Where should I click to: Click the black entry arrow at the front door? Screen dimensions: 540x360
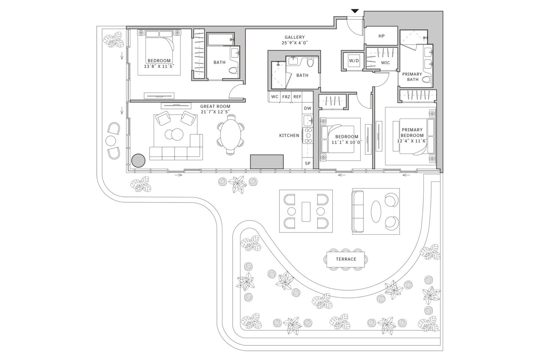point(355,11)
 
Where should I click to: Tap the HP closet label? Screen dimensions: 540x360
point(381,36)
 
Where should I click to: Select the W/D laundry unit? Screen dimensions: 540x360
point(354,61)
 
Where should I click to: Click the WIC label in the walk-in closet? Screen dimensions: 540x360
point(385,63)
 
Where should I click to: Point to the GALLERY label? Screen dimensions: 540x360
point(295,37)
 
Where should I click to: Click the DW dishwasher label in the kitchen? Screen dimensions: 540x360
point(307,108)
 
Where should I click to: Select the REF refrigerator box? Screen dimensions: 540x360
point(297,97)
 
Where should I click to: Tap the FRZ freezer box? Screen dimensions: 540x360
point(286,97)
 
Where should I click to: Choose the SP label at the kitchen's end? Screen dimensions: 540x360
point(307,163)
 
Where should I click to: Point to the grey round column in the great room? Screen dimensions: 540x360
point(138,160)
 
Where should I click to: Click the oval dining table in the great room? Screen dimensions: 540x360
point(231,135)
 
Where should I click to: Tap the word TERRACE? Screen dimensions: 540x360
point(346,259)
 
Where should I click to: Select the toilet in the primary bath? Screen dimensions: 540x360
point(426,79)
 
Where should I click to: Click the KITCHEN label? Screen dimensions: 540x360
point(289,135)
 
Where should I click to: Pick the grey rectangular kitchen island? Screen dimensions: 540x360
point(267,162)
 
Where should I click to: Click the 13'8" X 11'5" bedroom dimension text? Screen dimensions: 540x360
point(159,66)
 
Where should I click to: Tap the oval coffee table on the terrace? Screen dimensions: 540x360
point(376,212)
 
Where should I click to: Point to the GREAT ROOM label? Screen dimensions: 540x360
point(215,106)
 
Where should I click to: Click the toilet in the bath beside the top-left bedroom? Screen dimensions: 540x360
point(233,70)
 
